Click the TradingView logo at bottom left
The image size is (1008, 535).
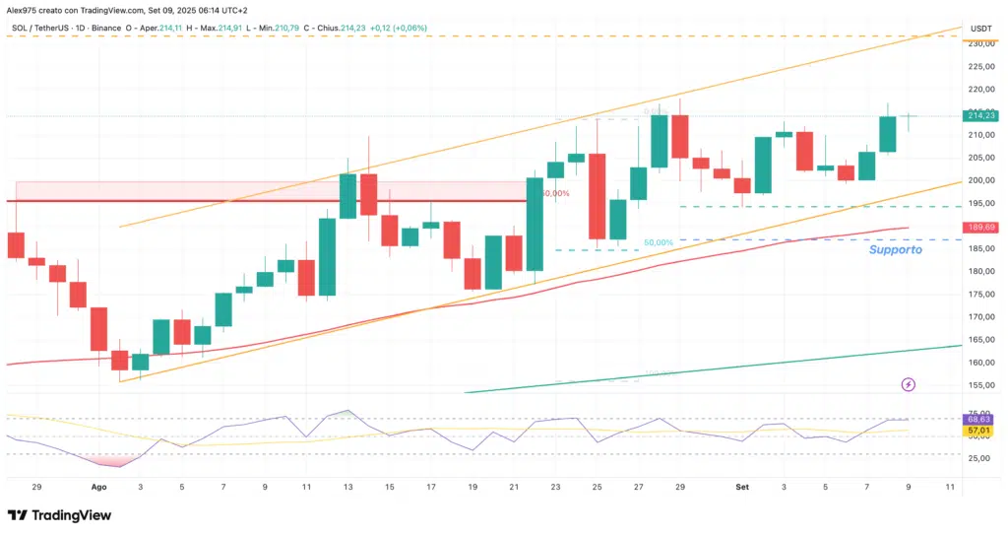click(59, 515)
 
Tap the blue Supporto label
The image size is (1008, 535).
click(895, 250)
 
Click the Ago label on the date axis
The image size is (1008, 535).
click(98, 487)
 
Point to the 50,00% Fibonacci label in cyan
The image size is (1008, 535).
click(659, 242)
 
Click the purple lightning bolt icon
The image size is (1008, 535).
click(908, 384)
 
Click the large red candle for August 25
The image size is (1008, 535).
click(598, 197)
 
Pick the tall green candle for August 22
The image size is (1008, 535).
click(535, 224)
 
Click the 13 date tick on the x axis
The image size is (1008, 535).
click(347, 487)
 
